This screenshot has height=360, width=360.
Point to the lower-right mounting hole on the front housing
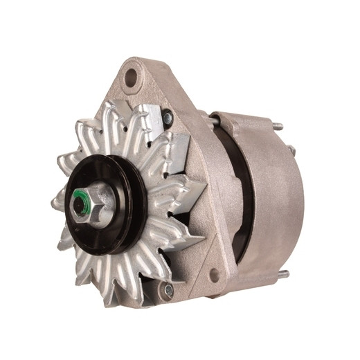tap(214, 275)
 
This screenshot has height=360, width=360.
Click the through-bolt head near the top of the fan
tap(168, 118)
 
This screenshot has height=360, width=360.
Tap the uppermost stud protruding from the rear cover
tap(276, 126)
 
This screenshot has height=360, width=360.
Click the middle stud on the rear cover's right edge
tap(291, 150)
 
